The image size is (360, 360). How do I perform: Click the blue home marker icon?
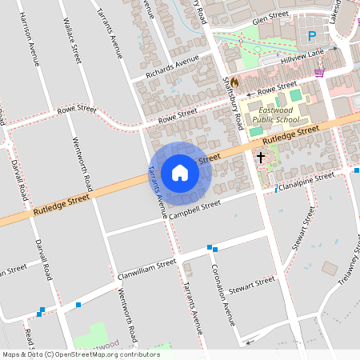(x=180, y=173)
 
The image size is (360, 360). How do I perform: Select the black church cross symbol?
(x=261, y=158)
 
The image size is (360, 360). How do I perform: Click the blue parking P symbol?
(x=312, y=35)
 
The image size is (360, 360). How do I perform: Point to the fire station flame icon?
(x=234, y=82)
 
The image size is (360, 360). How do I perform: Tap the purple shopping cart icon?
(x=320, y=72)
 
